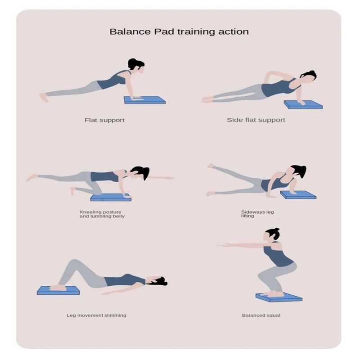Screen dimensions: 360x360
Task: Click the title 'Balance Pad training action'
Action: point(179,31)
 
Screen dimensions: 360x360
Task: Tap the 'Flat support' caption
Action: point(104,120)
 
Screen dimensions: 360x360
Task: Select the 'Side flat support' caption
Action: point(256,120)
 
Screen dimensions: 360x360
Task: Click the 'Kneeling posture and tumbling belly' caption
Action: point(102,214)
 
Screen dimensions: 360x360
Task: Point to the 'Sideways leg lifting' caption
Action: point(257,214)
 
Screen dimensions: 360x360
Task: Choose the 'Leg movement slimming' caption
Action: point(96,315)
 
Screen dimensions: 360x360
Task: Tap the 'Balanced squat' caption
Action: point(261,315)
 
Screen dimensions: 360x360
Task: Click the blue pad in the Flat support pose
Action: point(144,100)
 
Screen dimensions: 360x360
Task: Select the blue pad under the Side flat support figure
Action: point(303,104)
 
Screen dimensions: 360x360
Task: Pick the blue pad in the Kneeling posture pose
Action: point(111,197)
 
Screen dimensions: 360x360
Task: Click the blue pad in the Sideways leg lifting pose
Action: point(298,195)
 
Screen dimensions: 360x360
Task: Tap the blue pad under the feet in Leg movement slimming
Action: point(58,290)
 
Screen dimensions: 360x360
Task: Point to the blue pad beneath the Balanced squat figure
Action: point(279,297)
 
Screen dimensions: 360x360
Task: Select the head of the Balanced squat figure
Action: point(272,234)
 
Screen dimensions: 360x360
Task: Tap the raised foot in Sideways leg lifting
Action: point(210,166)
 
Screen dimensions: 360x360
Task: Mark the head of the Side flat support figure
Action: point(308,77)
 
